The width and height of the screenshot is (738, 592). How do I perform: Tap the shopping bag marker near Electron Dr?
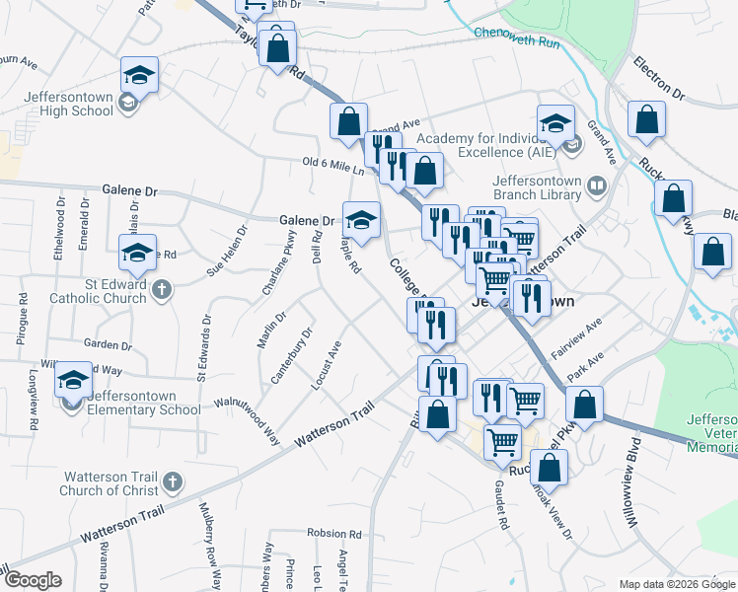pos(645,120)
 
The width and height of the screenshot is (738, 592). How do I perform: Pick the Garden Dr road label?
pos(108,344)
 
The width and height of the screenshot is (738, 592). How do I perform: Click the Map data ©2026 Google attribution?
pos(676,584)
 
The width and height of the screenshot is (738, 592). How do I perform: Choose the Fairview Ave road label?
pos(577,339)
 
